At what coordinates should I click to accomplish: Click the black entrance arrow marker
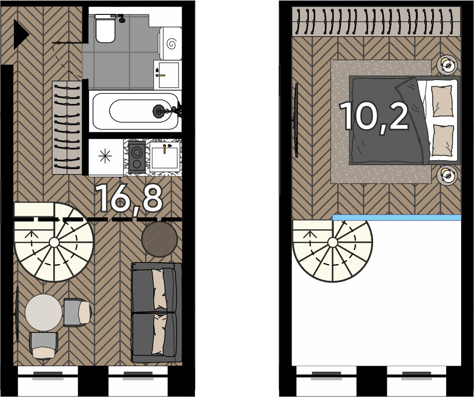[20, 34]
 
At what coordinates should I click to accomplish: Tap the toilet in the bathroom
[105, 28]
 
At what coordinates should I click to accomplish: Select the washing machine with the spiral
[170, 43]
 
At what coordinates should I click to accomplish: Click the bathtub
[135, 111]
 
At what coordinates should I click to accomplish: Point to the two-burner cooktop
[137, 157]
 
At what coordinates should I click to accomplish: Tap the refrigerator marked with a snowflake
[105, 157]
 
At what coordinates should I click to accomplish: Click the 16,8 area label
[129, 198]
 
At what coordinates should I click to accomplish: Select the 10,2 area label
[374, 116]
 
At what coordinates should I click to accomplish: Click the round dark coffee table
[160, 239]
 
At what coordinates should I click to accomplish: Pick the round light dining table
[44, 312]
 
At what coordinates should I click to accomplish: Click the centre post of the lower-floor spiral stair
[54, 242]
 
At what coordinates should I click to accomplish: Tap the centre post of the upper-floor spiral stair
[333, 242]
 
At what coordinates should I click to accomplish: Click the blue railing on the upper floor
[397, 217]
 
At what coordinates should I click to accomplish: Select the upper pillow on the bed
[442, 100]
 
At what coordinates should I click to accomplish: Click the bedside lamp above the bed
[447, 64]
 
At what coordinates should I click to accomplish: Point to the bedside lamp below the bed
[447, 175]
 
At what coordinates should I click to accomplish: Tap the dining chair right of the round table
[78, 312]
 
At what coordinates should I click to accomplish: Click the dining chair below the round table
[44, 346]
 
